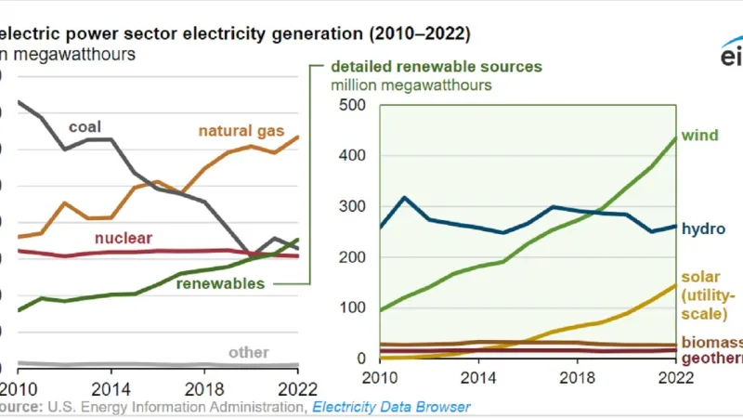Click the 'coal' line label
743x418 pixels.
[x=86, y=126]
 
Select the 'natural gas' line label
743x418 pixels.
[x=241, y=131]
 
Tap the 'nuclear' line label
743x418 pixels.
[x=124, y=238]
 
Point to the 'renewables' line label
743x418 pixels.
[x=221, y=283]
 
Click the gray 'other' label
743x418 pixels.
[x=249, y=352]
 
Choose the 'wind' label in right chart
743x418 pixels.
[x=701, y=136]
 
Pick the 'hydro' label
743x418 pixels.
[x=703, y=228]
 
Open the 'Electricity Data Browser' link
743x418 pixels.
[x=391, y=407]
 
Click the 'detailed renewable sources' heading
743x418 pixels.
[x=437, y=67]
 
